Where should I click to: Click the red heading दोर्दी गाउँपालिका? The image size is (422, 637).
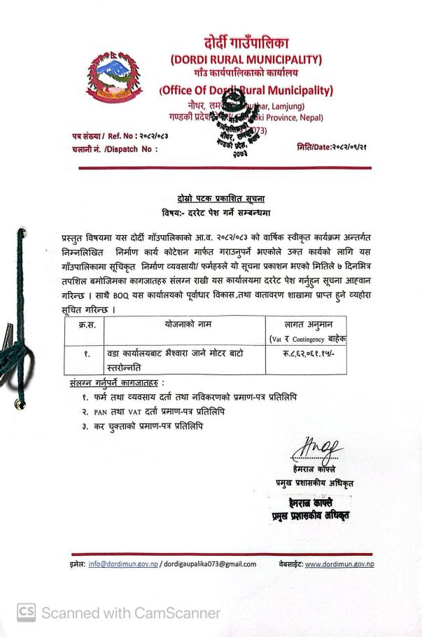[x=246, y=43]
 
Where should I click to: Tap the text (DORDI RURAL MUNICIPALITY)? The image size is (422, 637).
[x=246, y=59]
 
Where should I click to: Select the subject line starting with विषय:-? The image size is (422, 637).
[x=216, y=212]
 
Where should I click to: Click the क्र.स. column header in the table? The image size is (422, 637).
[x=86, y=325]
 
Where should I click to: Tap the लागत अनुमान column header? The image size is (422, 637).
[x=306, y=325]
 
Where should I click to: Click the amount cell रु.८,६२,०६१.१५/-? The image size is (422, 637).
[x=306, y=354]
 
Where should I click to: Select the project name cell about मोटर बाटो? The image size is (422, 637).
[x=175, y=360]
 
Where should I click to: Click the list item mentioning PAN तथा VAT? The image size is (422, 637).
[x=153, y=412]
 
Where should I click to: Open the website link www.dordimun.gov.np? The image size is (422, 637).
[x=339, y=563]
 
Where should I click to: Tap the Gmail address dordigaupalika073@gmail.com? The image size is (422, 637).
[x=209, y=563]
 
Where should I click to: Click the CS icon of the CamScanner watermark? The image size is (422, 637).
[x=26, y=613]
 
